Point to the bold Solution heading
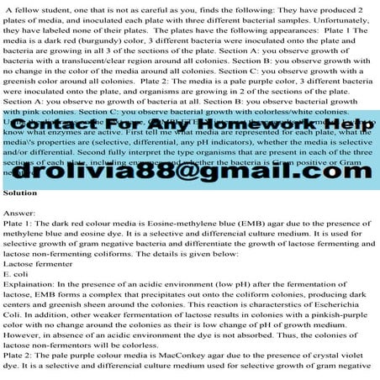coord(20,215)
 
